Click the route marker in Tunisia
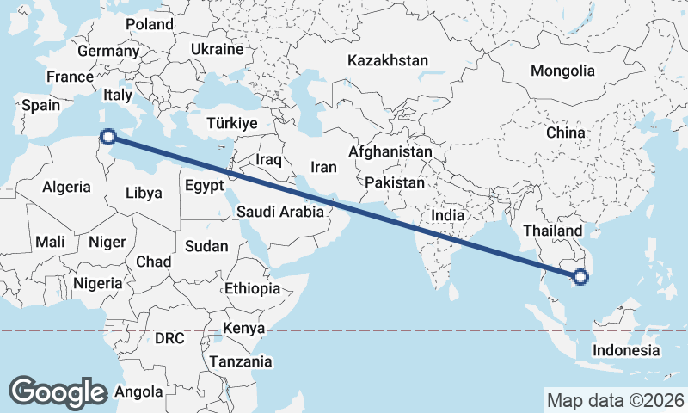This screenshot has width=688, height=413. coord(108,135)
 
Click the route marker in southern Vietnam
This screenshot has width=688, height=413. coord(580,276)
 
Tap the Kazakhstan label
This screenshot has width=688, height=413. coord(387,61)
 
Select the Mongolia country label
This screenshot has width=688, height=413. coord(562,71)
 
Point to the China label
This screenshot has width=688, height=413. coord(565,133)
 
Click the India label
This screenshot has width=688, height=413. coord(447,216)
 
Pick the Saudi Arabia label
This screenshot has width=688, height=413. coord(280,212)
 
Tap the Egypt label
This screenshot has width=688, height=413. coord(204,184)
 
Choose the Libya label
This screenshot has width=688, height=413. coord(143,193)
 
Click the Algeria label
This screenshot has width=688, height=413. coord(66,187)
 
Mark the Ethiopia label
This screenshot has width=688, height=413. coord(252,287)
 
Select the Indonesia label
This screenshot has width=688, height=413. coord(625,350)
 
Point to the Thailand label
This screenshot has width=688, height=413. coord(552,231)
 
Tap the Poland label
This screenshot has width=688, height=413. coord(149,24)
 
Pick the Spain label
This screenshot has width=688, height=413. coord(40,106)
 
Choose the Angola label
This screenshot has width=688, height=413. coord(138,391)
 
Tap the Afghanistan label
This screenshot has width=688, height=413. coord(390,151)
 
